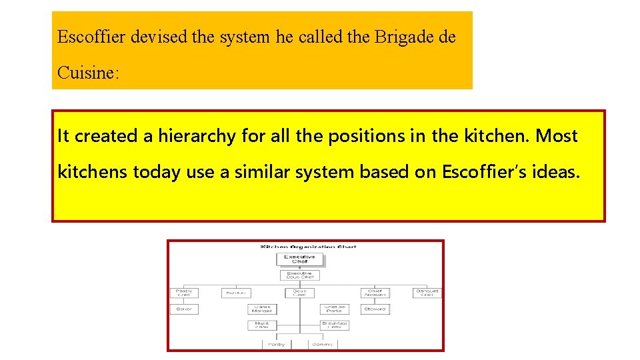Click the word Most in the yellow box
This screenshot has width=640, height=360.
(x=557, y=136)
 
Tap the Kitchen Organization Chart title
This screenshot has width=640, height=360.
(x=308, y=247)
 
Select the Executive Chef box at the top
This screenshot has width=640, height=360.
(x=299, y=259)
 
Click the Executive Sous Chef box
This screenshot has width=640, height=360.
(x=299, y=275)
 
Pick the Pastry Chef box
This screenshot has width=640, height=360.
(x=183, y=293)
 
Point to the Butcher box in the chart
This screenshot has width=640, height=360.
(x=235, y=293)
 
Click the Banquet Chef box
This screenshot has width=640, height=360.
(x=427, y=293)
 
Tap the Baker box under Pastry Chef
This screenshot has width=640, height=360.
(x=183, y=309)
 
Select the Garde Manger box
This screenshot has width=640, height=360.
(x=261, y=309)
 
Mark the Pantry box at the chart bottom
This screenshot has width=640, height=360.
(x=277, y=344)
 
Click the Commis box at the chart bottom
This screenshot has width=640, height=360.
(x=322, y=344)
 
